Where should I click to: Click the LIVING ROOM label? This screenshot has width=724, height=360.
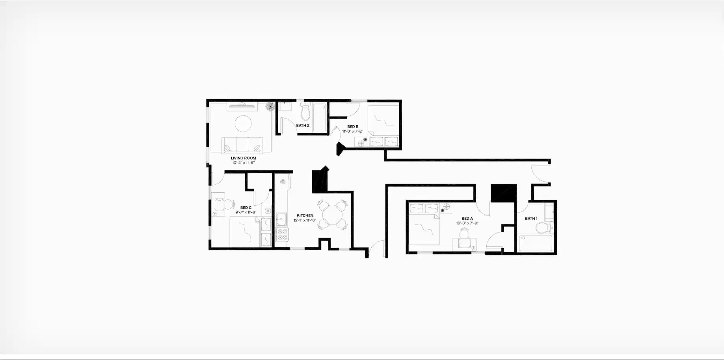pos(243,158)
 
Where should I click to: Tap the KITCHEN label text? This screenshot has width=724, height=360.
pos(305,215)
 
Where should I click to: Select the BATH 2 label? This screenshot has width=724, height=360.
pos(303,126)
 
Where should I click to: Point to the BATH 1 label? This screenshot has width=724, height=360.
pos(531,219)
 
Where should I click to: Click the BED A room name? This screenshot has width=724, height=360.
pos(467,219)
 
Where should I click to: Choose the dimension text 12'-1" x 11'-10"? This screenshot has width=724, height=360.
pos(305,220)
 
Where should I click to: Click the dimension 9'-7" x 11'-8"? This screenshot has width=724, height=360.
pos(246,212)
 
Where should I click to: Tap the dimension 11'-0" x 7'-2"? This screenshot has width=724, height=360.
pos(352,131)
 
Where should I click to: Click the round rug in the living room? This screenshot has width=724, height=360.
pos(243,124)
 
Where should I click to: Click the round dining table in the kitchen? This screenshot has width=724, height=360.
pos(333,215)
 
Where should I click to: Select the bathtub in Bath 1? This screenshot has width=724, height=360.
pos(535,243)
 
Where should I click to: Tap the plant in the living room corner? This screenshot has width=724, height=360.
pos(270,107)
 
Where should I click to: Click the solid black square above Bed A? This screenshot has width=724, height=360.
pos(503,193)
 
